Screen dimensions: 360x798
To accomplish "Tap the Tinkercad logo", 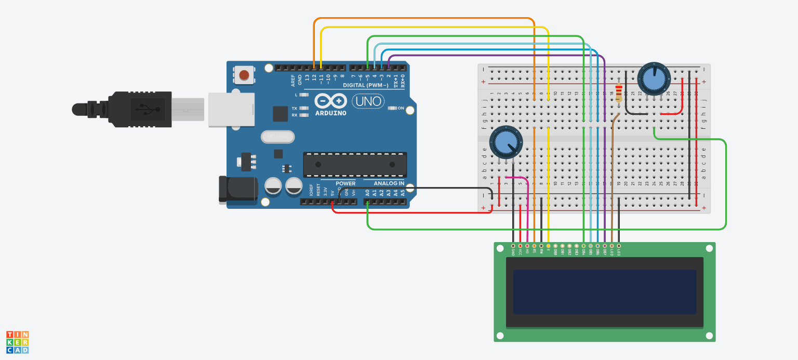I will pos(18,342).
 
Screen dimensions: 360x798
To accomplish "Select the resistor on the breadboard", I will pos(619,94).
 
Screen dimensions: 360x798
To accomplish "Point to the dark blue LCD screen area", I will pos(604,291).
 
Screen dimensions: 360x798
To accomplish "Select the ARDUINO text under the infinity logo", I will pos(330,113).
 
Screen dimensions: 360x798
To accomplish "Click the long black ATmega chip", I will pos(355,165).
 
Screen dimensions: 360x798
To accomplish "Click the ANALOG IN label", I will pos(389,183).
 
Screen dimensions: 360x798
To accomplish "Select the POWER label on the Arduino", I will pos(345,183).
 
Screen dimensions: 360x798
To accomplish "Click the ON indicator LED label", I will pos(401,108).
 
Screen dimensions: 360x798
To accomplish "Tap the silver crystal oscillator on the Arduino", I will pos(277,137).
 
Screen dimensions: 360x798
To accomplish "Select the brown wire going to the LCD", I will pos(612,182).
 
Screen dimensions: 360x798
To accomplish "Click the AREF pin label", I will pos(293,79).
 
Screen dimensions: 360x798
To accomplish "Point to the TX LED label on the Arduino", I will pos(295,108).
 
